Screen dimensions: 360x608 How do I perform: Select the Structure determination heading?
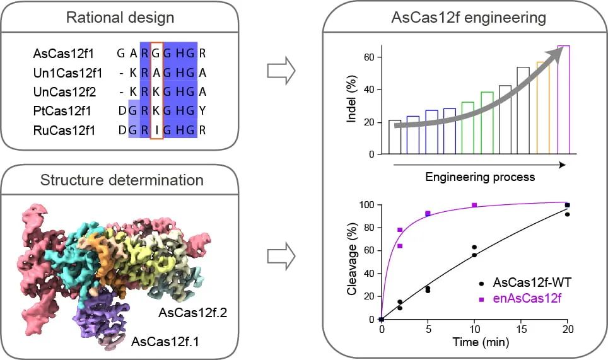[121, 180]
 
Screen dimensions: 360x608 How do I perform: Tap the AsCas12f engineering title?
[465, 18]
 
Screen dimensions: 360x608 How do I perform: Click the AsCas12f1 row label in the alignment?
[56, 53]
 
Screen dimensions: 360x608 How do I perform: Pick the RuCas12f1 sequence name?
[56, 132]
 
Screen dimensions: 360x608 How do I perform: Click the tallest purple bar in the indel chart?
[563, 100]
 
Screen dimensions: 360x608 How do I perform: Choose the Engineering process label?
[480, 177]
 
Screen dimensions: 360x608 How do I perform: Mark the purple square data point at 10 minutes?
[474, 206]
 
